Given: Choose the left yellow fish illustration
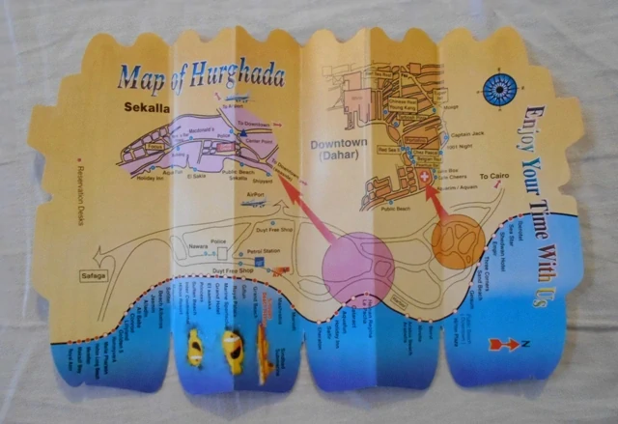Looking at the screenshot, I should [x=194, y=345].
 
